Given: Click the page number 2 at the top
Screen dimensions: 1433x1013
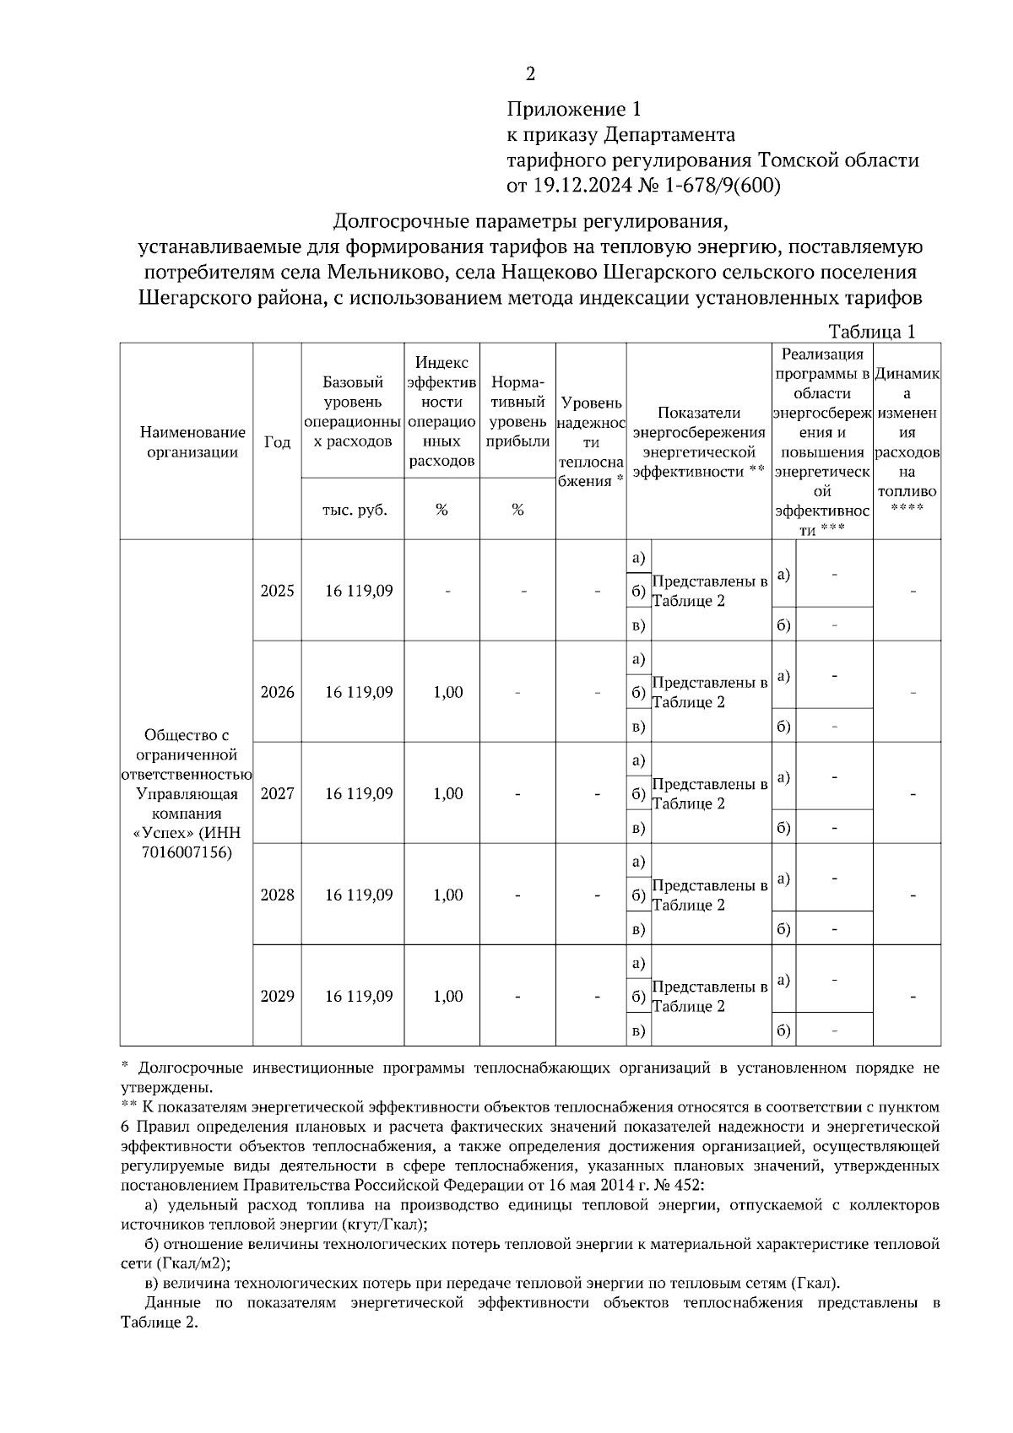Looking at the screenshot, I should tap(530, 74).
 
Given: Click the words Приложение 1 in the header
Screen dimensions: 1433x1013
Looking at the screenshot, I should tap(574, 109).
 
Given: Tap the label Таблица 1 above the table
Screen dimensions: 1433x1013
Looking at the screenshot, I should tap(871, 332).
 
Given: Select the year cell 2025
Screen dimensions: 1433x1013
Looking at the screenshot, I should tap(277, 591).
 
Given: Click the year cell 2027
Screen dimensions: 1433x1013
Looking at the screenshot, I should tap(277, 793).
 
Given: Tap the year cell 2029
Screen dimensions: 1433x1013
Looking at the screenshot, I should tap(277, 996).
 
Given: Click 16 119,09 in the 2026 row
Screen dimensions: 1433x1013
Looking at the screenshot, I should tap(359, 692).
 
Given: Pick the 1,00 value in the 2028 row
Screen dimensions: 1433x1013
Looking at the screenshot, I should tap(448, 895).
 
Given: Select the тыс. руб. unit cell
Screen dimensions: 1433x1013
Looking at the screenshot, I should tap(355, 510).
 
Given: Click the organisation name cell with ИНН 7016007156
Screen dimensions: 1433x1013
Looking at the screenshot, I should tap(187, 793).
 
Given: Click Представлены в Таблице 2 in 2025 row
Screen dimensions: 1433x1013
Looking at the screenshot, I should tap(709, 592).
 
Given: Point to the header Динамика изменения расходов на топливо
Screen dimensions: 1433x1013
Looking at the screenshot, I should tap(907, 441).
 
